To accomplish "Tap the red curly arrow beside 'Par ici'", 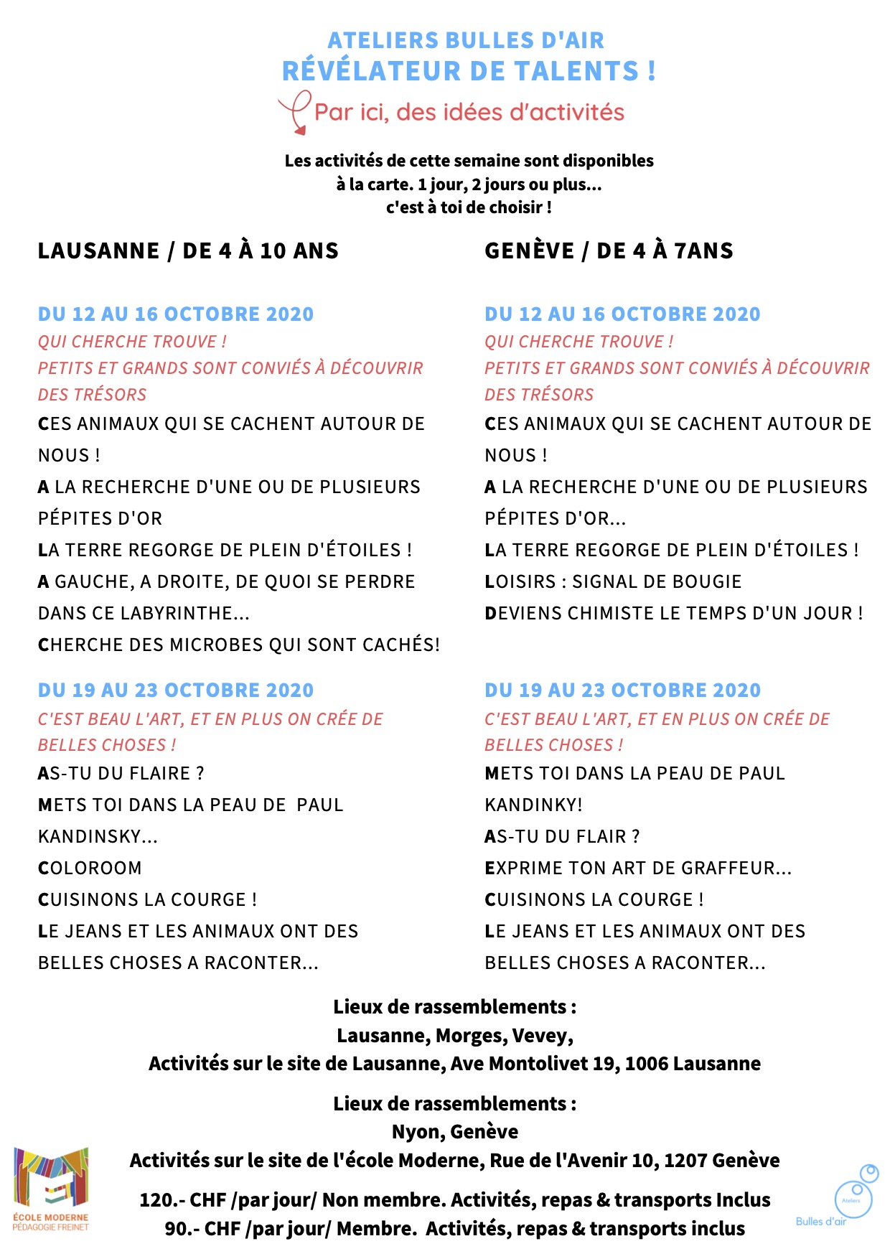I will (x=295, y=112).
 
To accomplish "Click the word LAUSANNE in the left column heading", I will (x=99, y=251).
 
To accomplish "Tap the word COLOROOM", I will (x=90, y=868).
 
